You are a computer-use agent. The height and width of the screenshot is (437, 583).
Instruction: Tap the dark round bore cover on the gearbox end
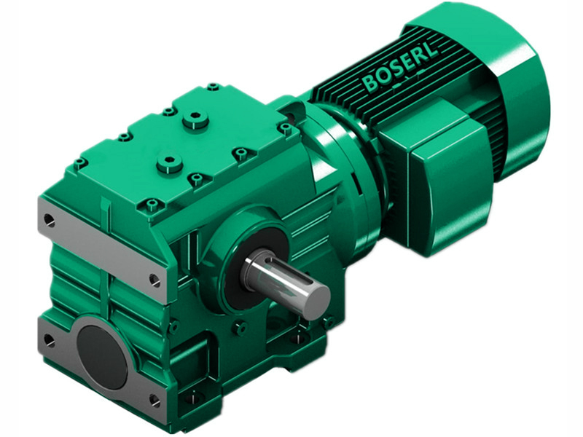pyautogui.click(x=102, y=356)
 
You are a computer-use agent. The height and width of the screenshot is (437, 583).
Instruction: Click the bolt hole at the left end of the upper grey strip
pyautogui.click(x=49, y=218)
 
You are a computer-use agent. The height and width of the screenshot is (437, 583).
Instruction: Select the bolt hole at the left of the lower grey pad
pyautogui.click(x=49, y=339)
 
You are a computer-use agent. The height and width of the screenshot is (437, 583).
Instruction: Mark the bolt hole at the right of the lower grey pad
pyautogui.click(x=154, y=400)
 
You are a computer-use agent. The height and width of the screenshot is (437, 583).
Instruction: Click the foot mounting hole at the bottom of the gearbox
pyautogui.click(x=193, y=398)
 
